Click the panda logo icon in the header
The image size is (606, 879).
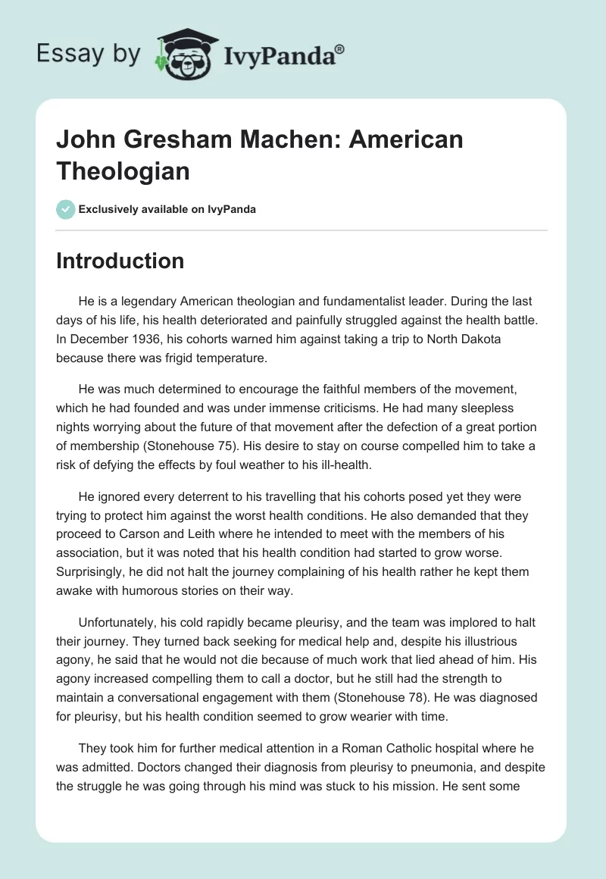(x=181, y=54)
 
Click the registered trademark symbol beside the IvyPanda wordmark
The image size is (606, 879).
(x=339, y=48)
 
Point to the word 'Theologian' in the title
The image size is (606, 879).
(x=123, y=170)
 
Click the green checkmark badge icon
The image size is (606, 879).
(x=65, y=209)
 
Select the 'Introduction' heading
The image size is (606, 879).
(x=120, y=261)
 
